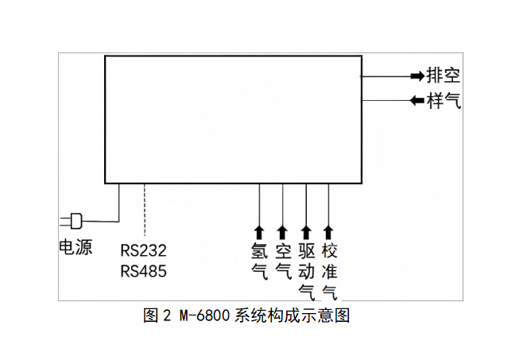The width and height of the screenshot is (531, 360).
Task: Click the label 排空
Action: [x=444, y=76]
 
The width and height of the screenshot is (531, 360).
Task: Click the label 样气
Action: [x=444, y=101]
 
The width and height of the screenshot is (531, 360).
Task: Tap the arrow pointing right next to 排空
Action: [x=417, y=76]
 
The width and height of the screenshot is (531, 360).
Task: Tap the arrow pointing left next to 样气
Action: [x=417, y=101]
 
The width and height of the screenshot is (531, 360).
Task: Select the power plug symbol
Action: [x=73, y=219]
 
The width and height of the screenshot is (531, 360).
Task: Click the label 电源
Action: [x=76, y=247]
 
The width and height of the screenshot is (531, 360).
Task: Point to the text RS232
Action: [x=144, y=250]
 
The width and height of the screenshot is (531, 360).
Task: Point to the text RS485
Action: [x=144, y=271]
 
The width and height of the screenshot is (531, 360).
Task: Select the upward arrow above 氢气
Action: [x=259, y=231]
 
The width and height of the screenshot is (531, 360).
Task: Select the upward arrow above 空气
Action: [x=282, y=231]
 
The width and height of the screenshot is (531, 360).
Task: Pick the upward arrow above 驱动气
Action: [x=306, y=231]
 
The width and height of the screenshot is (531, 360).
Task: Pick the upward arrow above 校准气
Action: [x=329, y=231]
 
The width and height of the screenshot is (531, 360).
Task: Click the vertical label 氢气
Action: [x=259, y=261]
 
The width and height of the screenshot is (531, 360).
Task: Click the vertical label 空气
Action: [x=282, y=261]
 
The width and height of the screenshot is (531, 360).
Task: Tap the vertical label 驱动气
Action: [x=306, y=272]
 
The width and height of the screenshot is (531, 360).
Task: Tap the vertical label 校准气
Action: [x=329, y=272]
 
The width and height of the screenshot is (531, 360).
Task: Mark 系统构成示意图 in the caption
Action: [x=293, y=315]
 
